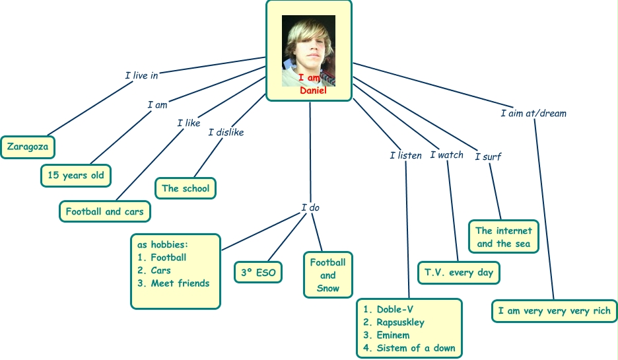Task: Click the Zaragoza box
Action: click(x=28, y=147)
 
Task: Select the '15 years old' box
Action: click(x=75, y=175)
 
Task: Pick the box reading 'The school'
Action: click(x=186, y=188)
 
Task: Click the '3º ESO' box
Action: click(x=257, y=271)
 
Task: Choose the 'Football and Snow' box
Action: click(x=328, y=275)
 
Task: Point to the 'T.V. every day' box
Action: click(x=459, y=272)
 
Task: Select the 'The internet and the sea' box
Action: click(x=504, y=236)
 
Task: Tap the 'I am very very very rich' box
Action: click(x=555, y=310)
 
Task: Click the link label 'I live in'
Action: click(x=141, y=75)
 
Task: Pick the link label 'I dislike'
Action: click(x=226, y=132)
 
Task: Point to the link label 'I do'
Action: click(x=310, y=207)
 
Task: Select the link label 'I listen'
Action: click(x=405, y=156)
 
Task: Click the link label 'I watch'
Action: click(x=447, y=155)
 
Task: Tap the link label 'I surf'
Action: click(x=488, y=157)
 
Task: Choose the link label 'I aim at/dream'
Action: click(x=533, y=113)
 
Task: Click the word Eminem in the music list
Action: click(x=393, y=335)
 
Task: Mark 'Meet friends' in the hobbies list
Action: click(x=180, y=283)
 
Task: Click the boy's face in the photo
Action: click(x=306, y=47)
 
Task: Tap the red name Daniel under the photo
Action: click(x=314, y=90)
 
